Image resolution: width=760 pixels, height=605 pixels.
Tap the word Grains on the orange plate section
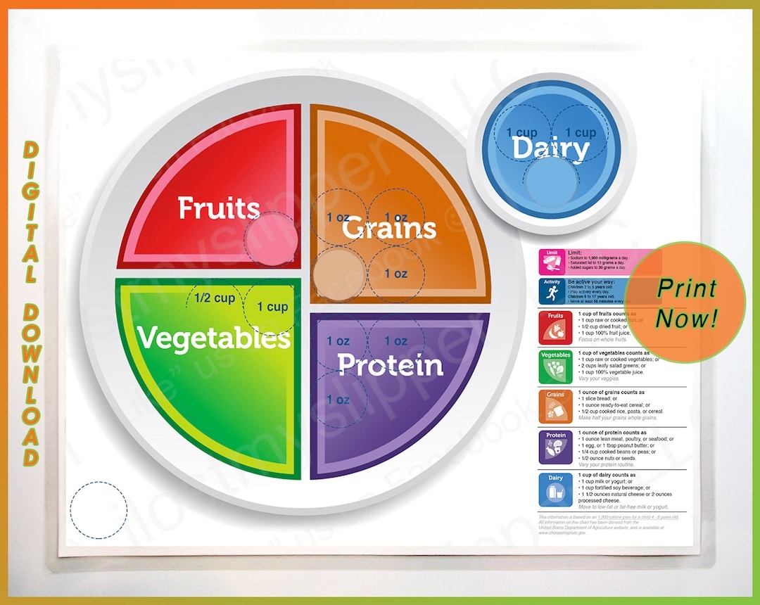[389, 228]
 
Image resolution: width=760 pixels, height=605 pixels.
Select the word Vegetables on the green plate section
[214, 338]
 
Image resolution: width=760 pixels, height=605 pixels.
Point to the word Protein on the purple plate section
[390, 364]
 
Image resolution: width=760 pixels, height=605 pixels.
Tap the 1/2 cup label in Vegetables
[215, 298]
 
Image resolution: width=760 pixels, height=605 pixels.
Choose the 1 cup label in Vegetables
[272, 307]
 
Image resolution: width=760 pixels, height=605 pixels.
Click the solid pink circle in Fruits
[271, 238]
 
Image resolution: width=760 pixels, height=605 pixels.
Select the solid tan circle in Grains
[338, 273]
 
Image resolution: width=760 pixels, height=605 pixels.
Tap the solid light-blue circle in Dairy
[551, 181]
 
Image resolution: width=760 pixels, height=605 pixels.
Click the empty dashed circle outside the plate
[99, 509]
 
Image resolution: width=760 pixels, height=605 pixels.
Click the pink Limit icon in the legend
[552, 262]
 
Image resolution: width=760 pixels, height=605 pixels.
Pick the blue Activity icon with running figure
[552, 291]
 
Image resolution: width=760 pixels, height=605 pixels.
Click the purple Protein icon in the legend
[552, 446]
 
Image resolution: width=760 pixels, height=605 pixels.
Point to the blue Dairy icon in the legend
[552, 490]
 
